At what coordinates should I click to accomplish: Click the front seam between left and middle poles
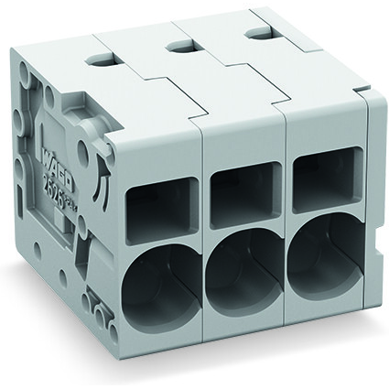tap(201, 238)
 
